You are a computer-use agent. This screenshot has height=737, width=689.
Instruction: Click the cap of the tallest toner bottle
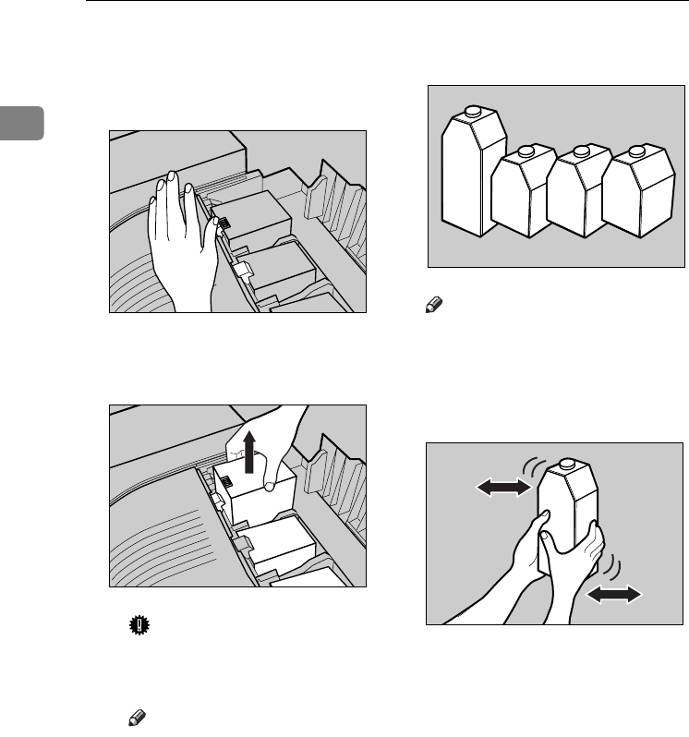click(x=473, y=112)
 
